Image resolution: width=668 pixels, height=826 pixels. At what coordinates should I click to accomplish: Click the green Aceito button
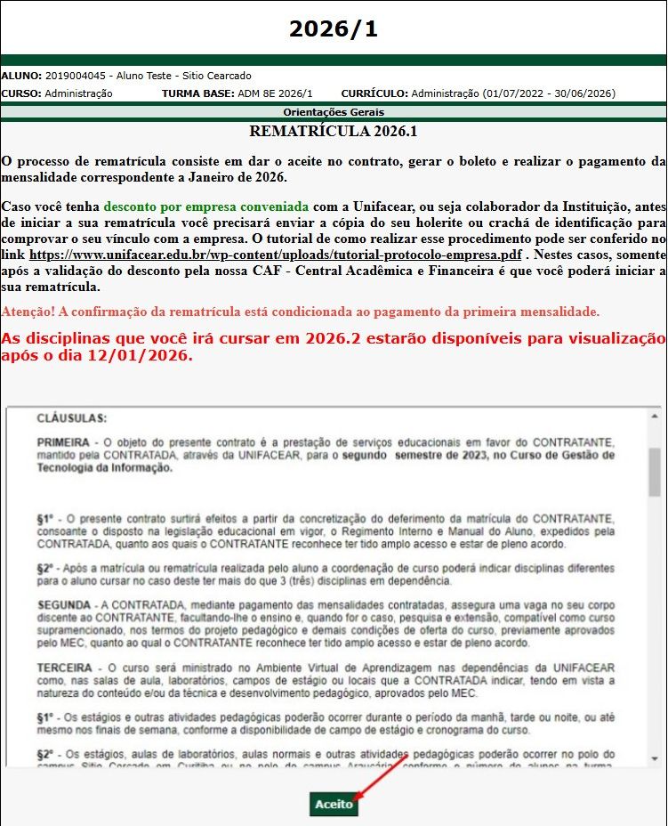[334, 805]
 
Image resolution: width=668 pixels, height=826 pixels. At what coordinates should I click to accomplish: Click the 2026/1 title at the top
[334, 28]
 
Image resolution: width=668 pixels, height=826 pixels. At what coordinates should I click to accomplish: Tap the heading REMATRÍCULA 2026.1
[334, 132]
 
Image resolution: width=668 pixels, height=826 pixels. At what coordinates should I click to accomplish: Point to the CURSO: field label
[20, 93]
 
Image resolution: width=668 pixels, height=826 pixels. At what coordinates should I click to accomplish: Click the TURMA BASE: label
[197, 93]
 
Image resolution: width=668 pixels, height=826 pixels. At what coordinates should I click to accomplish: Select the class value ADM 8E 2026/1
[276, 93]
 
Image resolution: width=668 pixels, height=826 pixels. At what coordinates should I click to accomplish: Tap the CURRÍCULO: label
[374, 93]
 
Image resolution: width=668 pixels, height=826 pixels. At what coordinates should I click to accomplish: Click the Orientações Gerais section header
[334, 112]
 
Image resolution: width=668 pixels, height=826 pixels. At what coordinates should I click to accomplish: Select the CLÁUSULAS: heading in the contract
[71, 417]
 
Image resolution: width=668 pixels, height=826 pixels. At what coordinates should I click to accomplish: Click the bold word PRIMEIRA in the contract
[62, 442]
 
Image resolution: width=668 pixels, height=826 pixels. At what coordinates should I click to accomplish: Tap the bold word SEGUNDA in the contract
[64, 605]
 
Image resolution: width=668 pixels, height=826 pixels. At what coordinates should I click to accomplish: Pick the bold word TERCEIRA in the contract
[64, 668]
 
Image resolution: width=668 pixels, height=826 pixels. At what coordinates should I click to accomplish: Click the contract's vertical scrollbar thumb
[655, 472]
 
